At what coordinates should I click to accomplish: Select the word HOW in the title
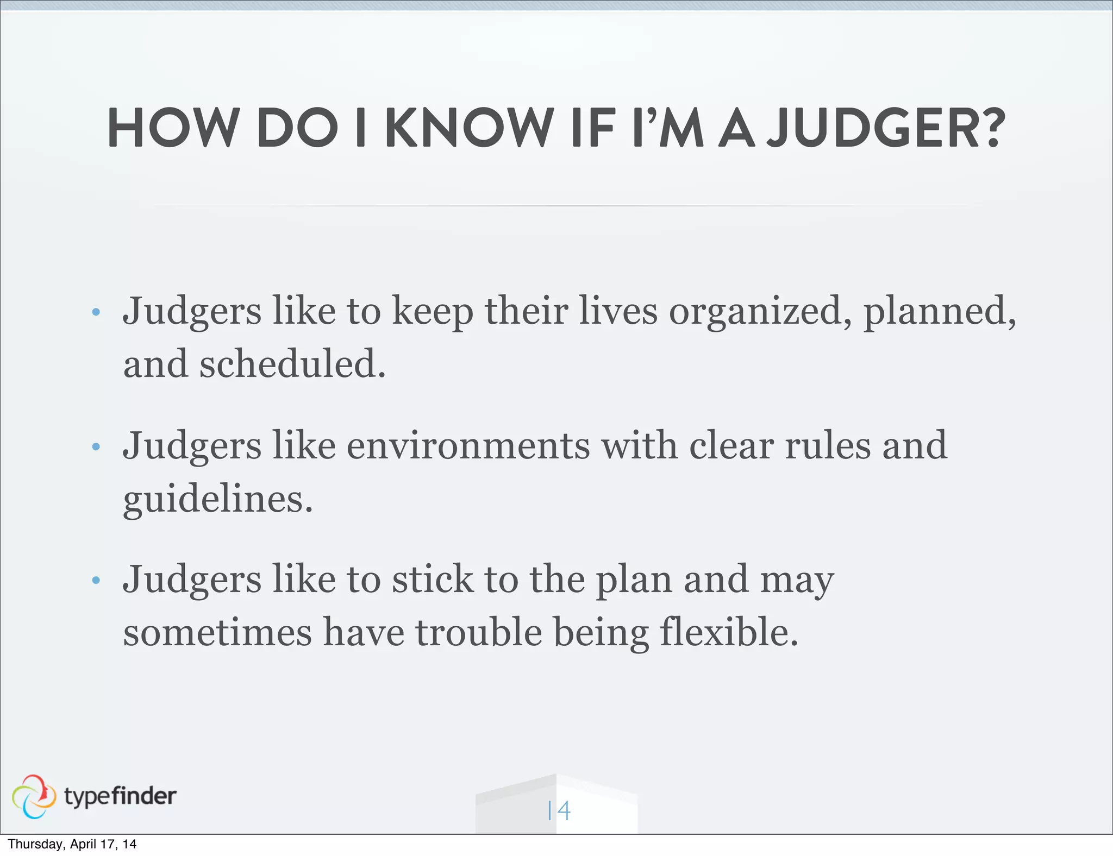tap(173, 128)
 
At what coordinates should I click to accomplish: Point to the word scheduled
tap(292, 364)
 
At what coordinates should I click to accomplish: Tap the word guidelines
tap(218, 499)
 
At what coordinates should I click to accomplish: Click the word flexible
tap(729, 632)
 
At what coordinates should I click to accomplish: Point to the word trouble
tap(479, 632)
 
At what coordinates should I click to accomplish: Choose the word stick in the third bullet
tap(433, 580)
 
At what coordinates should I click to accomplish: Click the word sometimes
tap(217, 632)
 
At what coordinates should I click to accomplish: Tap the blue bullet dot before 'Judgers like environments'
tap(96, 447)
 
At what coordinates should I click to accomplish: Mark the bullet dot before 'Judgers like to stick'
tap(96, 581)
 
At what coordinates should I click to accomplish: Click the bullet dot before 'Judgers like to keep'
tap(96, 312)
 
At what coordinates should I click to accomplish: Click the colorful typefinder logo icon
tap(34, 796)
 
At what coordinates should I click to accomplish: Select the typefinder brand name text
tap(120, 796)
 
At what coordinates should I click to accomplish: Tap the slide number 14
tap(559, 811)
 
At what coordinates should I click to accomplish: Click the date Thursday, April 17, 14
tap(72, 844)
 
